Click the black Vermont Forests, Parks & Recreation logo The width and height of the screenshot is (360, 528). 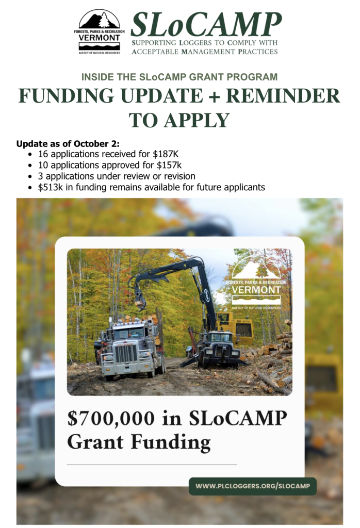pyautogui.click(x=99, y=32)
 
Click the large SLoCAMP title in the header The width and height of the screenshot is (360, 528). pyautogui.click(x=206, y=25)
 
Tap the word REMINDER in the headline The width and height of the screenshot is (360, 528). pyautogui.click(x=283, y=95)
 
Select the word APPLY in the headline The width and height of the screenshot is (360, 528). pyautogui.click(x=197, y=120)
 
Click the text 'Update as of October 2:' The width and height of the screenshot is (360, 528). pyautogui.click(x=68, y=144)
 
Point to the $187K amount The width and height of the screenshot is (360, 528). pyautogui.click(x=166, y=154)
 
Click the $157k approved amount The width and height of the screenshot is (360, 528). pyautogui.click(x=169, y=166)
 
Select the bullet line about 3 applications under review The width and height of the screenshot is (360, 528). pyautogui.click(x=117, y=176)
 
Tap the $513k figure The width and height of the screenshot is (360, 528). pyautogui.click(x=51, y=187)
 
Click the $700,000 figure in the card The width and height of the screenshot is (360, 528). pyautogui.click(x=111, y=419)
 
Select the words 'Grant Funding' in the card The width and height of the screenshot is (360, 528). pyautogui.click(x=139, y=442)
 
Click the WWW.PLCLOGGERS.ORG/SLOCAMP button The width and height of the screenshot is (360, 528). pyautogui.click(x=253, y=486)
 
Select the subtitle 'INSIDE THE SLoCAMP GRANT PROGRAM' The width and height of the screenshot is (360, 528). pyautogui.click(x=179, y=77)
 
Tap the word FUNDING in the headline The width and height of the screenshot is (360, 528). pyautogui.click(x=67, y=95)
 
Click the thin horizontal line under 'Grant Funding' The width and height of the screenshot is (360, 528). pyautogui.click(x=152, y=465)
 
